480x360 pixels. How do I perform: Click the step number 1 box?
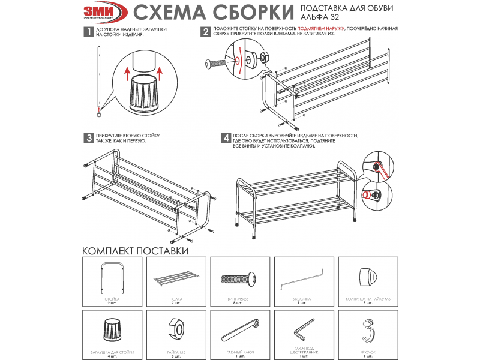88,32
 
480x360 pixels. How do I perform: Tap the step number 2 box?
205,32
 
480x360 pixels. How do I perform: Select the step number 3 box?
88,138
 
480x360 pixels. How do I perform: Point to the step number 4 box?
226,138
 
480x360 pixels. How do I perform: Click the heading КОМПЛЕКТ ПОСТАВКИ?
136,250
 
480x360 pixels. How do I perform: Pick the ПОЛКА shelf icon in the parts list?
176,280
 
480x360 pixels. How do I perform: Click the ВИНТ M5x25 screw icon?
241,280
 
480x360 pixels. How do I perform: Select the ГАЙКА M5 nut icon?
176,331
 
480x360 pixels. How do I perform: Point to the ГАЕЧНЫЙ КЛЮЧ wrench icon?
241,331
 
